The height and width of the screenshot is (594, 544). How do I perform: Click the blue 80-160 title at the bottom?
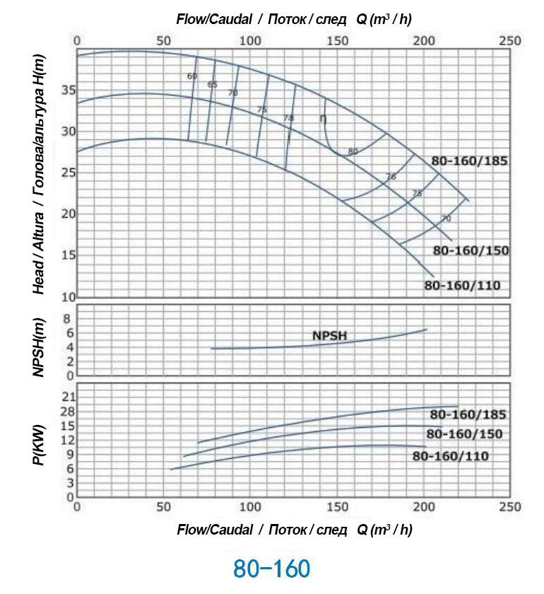tap(272, 569)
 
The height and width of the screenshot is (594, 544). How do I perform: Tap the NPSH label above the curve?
tap(329, 336)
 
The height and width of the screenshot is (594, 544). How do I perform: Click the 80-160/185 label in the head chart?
tap(469, 161)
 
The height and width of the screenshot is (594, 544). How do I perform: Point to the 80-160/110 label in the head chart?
tap(462, 286)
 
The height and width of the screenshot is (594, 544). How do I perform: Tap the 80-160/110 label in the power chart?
tap(450, 456)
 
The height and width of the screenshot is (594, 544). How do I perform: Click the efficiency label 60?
tap(192, 76)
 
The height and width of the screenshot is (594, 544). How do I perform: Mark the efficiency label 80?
tap(353, 151)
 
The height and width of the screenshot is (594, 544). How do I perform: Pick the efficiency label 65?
tap(212, 84)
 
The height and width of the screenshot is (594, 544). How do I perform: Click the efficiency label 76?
tap(391, 177)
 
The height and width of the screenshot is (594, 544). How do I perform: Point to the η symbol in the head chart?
tap(323, 119)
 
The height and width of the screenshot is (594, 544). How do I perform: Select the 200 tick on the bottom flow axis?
tap(424, 507)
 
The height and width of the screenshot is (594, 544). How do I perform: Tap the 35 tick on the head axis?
tap(68, 91)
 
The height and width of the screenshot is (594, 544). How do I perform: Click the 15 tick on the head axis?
tap(68, 255)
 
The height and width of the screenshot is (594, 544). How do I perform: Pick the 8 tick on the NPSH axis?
tap(69, 319)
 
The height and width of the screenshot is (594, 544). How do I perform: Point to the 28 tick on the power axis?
tap(68, 411)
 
